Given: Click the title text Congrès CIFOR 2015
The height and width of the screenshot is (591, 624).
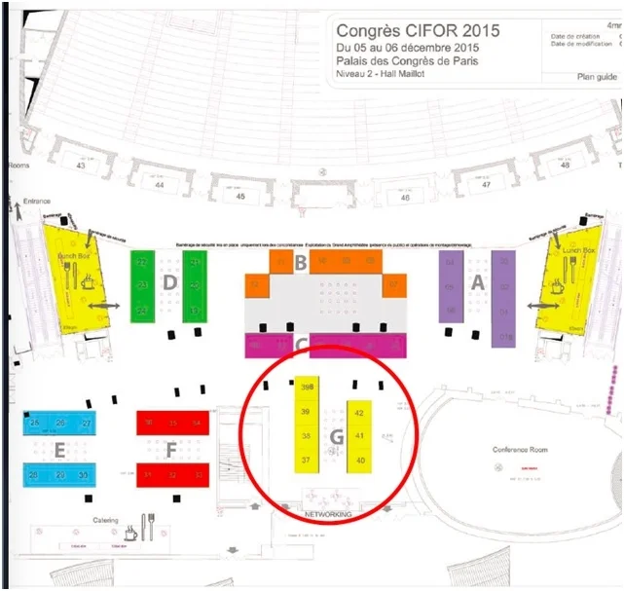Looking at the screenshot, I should [x=418, y=30].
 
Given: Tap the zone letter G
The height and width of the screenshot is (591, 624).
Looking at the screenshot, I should [x=336, y=437].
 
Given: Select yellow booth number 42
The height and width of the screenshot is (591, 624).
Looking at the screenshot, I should [x=359, y=413].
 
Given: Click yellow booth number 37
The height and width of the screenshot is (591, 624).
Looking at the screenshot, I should [x=306, y=460].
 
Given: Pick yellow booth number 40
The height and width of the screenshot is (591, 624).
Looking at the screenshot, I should [x=359, y=460].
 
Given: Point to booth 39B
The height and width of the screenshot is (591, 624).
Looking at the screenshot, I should [x=307, y=388].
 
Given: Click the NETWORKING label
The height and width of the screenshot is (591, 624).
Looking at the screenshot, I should [x=327, y=512].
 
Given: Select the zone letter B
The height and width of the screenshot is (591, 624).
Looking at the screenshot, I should [x=301, y=262].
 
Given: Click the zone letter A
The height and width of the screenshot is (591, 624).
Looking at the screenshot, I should [x=478, y=280].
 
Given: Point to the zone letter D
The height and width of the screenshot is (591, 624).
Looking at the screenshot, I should [x=169, y=282].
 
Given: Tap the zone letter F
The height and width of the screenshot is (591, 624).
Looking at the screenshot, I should [x=171, y=450].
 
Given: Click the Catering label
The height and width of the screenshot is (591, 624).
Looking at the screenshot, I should [x=105, y=521].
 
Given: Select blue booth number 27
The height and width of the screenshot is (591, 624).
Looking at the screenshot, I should [x=87, y=424].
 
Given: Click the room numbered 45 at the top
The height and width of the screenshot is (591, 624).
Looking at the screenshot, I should [x=240, y=197].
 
